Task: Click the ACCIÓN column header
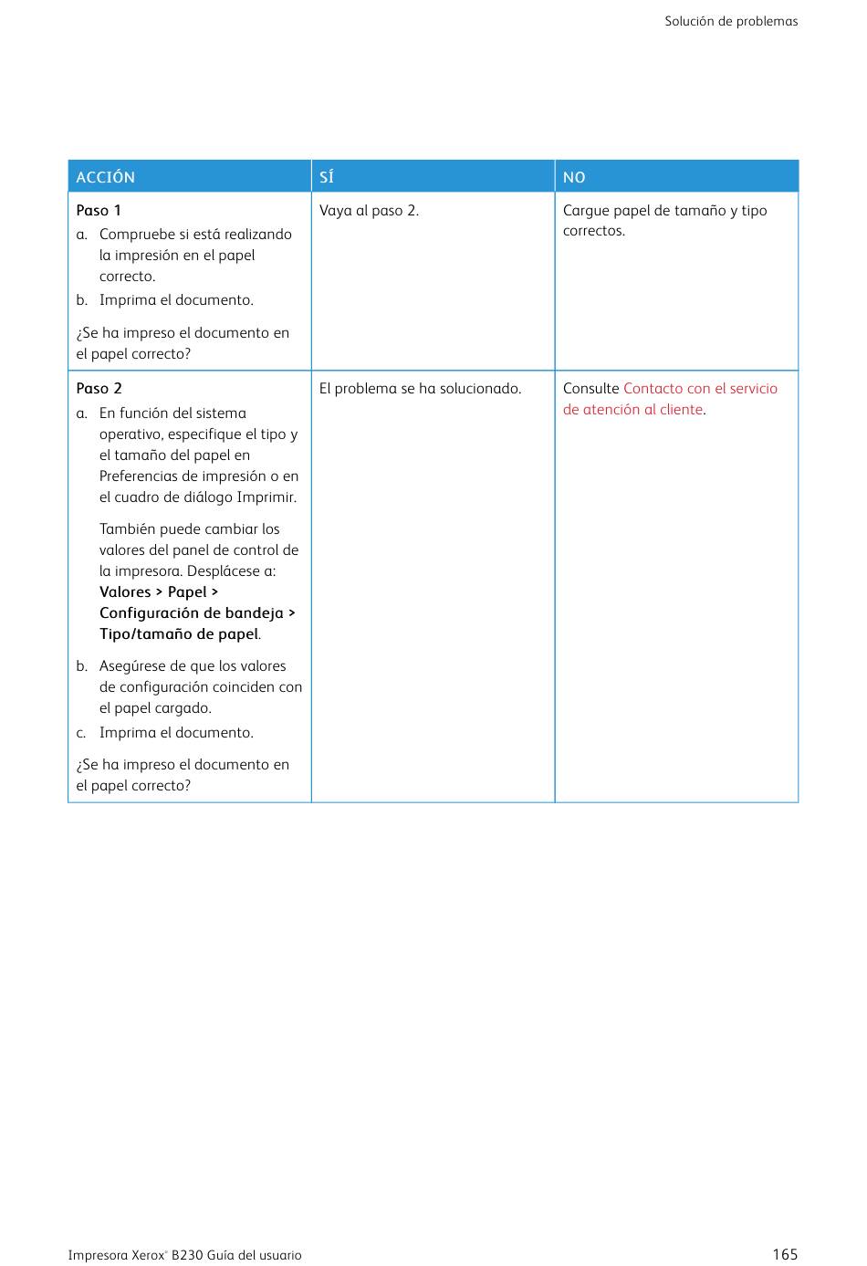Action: (106, 177)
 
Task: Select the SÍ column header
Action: (327, 177)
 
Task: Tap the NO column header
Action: (574, 177)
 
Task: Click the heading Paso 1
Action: (99, 210)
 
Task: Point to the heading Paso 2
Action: (99, 388)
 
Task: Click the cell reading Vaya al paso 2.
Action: (369, 210)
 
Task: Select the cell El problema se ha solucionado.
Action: (420, 388)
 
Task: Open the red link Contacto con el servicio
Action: (700, 388)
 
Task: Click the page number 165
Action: (785, 1254)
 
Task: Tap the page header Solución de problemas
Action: (731, 21)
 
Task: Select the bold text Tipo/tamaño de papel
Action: (179, 633)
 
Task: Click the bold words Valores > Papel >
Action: (159, 591)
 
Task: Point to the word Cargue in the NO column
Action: (586, 210)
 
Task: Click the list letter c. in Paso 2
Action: (81, 732)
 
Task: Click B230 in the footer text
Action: (187, 1255)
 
